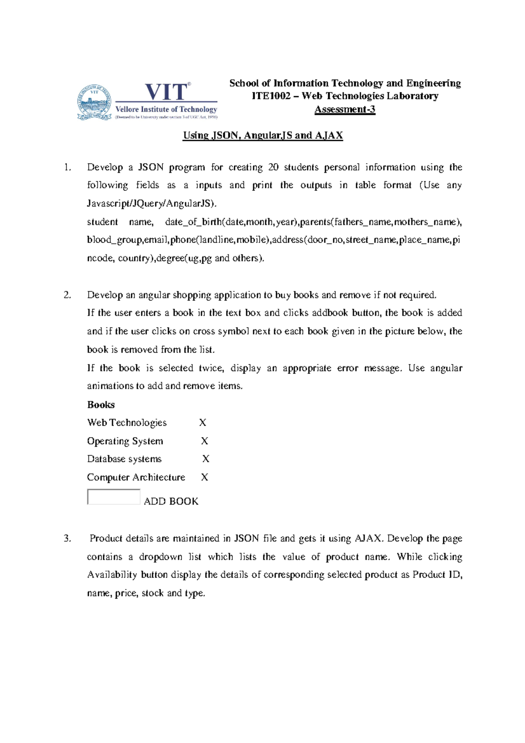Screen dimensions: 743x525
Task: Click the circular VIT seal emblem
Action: pos(94,102)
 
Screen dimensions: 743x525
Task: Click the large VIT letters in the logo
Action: pos(166,92)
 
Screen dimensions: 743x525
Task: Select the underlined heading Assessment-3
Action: pos(345,109)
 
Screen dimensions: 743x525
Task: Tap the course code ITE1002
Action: pos(271,96)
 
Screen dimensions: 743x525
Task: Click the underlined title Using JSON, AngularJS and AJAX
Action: pos(262,135)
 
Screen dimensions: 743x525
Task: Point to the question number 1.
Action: pos(67,167)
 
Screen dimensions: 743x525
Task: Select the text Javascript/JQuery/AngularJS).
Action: pos(151,203)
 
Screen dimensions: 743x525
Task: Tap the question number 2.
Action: pos(67,295)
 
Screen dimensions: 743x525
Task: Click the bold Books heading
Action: pos(101,405)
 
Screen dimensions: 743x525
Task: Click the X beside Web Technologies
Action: pos(203,423)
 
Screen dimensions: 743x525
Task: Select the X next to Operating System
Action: pos(204,441)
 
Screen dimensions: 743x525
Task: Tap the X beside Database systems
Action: pos(206,459)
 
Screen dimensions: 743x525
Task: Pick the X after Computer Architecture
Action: pos(204,477)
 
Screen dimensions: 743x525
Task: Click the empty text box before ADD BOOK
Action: pos(113,497)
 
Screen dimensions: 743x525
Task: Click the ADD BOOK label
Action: pos(171,501)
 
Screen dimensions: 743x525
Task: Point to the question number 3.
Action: pos(67,539)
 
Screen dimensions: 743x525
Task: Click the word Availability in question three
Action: pos(112,575)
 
